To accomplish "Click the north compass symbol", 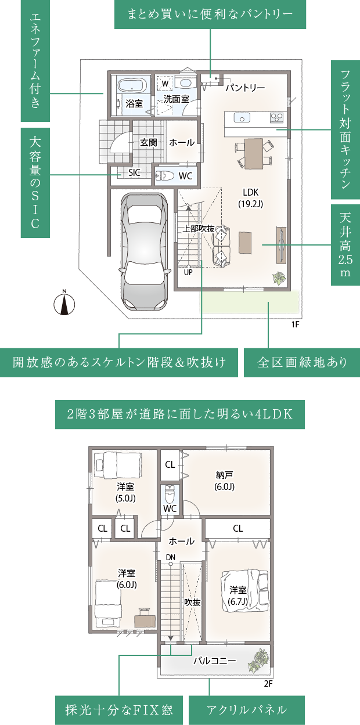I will coord(64,303).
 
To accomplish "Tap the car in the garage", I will coord(145,250).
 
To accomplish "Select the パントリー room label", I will coord(245,88).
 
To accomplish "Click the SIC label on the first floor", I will coord(134,172).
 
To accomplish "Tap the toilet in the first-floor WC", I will coord(165,175).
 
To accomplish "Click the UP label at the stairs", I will coord(188,272).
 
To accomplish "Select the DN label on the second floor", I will coord(170,557).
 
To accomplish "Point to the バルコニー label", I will coord(214,661).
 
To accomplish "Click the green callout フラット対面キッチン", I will coord(345,130).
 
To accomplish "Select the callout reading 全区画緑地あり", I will coord(302,363).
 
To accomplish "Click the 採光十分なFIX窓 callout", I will coord(120,710).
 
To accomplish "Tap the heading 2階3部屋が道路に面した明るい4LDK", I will coord(179,414).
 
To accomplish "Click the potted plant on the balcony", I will coord(258,661).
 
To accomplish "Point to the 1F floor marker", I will coord(295,324).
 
